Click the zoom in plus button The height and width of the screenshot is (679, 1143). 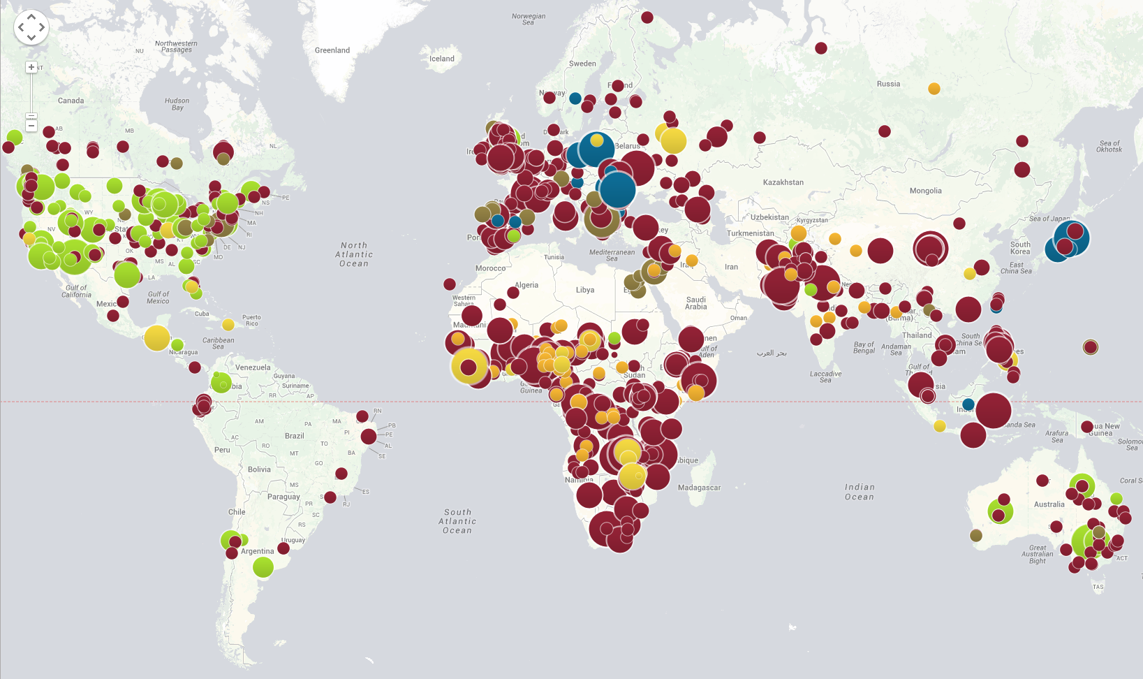pyautogui.click(x=31, y=67)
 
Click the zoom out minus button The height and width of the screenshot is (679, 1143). pyautogui.click(x=31, y=126)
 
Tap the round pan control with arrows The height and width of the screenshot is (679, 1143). pyautogui.click(x=31, y=27)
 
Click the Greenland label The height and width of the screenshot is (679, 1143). pyautogui.click(x=332, y=50)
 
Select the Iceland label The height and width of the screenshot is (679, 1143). pyautogui.click(x=442, y=59)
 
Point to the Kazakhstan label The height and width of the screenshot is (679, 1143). pyautogui.click(x=783, y=182)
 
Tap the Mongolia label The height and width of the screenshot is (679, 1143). pyautogui.click(x=926, y=191)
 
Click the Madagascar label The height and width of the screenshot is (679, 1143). pyautogui.click(x=699, y=488)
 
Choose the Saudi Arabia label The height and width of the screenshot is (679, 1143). pyautogui.click(x=696, y=303)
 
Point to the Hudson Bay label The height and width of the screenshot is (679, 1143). pyautogui.click(x=177, y=104)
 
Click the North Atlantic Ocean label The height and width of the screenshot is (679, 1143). pyautogui.click(x=354, y=254)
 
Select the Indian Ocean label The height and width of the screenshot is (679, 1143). pyautogui.click(x=860, y=492)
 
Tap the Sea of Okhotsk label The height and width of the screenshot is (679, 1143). pyautogui.click(x=1109, y=146)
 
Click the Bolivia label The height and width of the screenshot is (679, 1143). pyautogui.click(x=259, y=469)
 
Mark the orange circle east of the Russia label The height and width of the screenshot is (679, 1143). pyautogui.click(x=934, y=89)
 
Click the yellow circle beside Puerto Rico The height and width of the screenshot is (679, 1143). pyautogui.click(x=228, y=324)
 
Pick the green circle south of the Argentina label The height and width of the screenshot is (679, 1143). pyautogui.click(x=263, y=567)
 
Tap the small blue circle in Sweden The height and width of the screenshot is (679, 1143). pyautogui.click(x=575, y=98)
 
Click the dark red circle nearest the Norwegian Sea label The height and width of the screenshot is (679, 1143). pyautogui.click(x=647, y=17)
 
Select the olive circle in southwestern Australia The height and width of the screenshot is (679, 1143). pyautogui.click(x=976, y=535)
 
